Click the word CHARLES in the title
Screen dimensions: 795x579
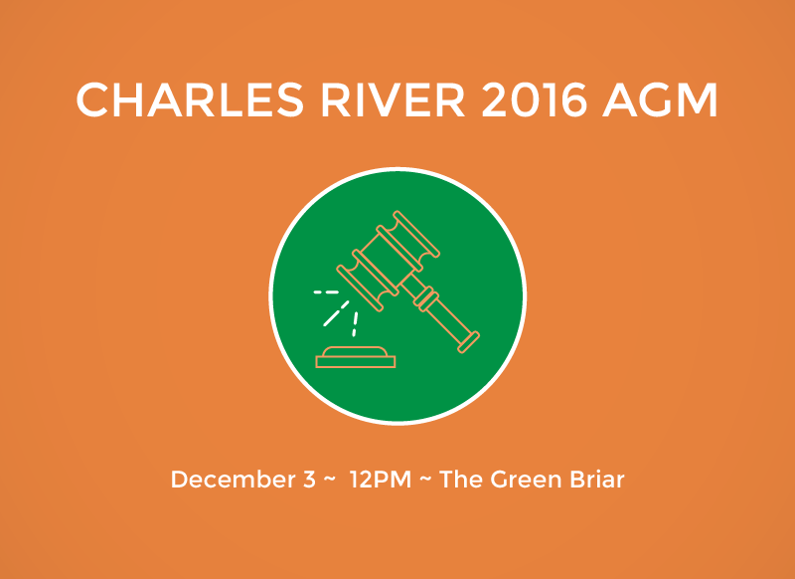click(190, 99)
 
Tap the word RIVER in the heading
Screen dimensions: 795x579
click(393, 99)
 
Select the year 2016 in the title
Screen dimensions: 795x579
click(534, 99)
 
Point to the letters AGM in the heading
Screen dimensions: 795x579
click(660, 99)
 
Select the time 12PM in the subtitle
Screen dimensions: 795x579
click(381, 480)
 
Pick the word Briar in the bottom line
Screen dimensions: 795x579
click(597, 480)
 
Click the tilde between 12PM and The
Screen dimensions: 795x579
click(425, 481)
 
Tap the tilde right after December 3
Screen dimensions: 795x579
click(329, 481)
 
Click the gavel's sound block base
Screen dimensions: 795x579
click(356, 357)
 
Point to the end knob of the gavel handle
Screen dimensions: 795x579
click(468, 342)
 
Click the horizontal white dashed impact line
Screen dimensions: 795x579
click(326, 292)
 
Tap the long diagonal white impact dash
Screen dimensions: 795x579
click(336, 313)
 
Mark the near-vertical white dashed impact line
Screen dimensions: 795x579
click(355, 324)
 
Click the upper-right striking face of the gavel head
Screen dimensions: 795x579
click(416, 234)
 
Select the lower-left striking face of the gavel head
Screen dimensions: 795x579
click(360, 288)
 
